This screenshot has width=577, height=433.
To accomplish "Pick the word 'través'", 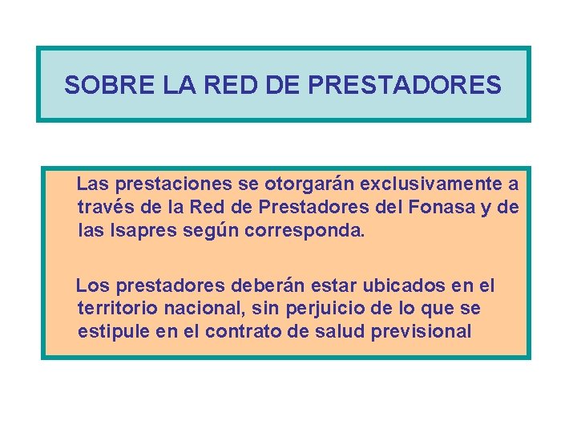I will tap(101, 208).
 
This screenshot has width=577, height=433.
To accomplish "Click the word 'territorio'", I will tap(112, 309).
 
